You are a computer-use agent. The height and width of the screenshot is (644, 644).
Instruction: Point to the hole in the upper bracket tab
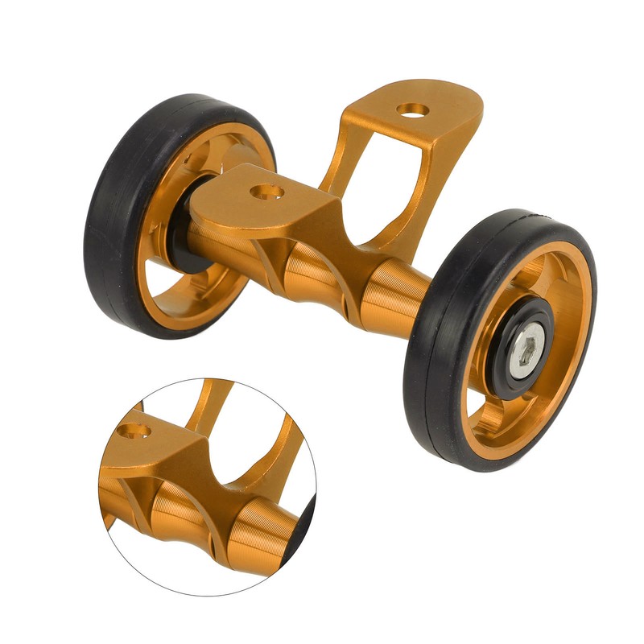click(412, 109)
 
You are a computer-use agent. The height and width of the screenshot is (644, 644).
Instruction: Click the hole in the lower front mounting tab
click(265, 192)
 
